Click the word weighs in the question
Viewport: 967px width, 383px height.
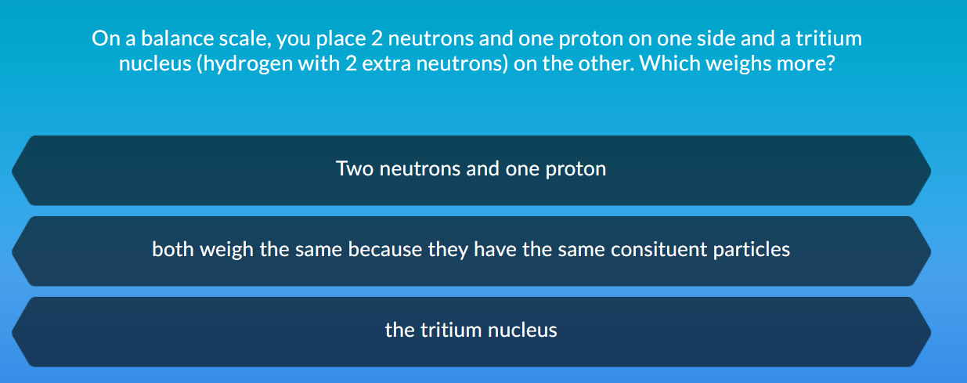(735, 63)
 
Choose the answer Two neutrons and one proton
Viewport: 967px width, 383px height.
(471, 169)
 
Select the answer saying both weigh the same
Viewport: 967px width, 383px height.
(471, 250)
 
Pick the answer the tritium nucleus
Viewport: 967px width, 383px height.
(471, 331)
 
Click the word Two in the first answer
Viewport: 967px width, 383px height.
(354, 169)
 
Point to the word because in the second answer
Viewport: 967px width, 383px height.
(384, 250)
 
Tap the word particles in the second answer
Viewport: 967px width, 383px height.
(753, 250)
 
